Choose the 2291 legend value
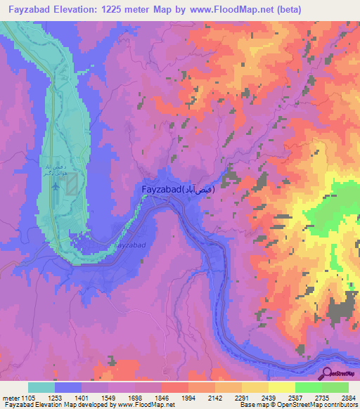pos(243,398)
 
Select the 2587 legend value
pos(295,398)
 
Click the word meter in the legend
pos(9,398)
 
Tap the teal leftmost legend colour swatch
pos(41,387)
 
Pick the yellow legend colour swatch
pos(281,387)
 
